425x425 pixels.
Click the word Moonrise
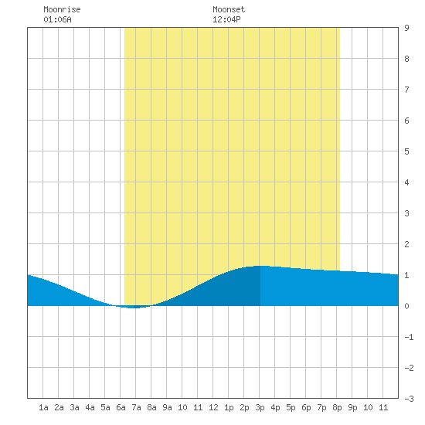[62, 9]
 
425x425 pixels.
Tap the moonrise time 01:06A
[57, 19]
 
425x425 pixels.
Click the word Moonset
[229, 9]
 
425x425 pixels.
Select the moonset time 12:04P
[226, 19]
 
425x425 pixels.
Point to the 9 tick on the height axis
[406, 28]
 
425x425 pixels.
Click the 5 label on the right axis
[406, 151]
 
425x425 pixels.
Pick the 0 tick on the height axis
[406, 306]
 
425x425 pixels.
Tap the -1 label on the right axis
[409, 337]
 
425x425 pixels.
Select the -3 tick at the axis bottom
[409, 399]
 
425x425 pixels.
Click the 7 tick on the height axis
[406, 90]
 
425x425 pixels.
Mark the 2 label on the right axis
[406, 244]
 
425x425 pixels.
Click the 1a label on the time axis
[43, 407]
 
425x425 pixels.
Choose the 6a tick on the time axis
[121, 407]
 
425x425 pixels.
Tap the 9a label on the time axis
[167, 407]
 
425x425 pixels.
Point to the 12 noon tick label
[213, 407]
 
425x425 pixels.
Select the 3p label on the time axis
[260, 407]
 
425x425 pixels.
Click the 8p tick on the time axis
[337, 407]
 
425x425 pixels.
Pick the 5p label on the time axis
[291, 407]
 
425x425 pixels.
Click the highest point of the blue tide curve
[260, 266]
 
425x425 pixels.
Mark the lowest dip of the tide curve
[134, 308]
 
